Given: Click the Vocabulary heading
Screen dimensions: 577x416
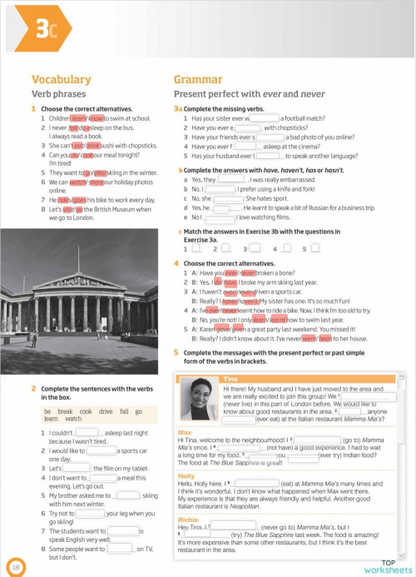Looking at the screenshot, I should tap(61, 80).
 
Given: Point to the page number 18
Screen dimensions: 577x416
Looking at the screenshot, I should tap(16, 566).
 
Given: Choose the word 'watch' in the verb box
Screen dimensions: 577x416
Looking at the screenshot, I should tap(73, 419).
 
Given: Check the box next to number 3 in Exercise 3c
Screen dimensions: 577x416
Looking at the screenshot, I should tap(256, 248).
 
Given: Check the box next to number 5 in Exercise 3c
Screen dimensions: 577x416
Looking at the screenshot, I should tap(314, 248).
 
